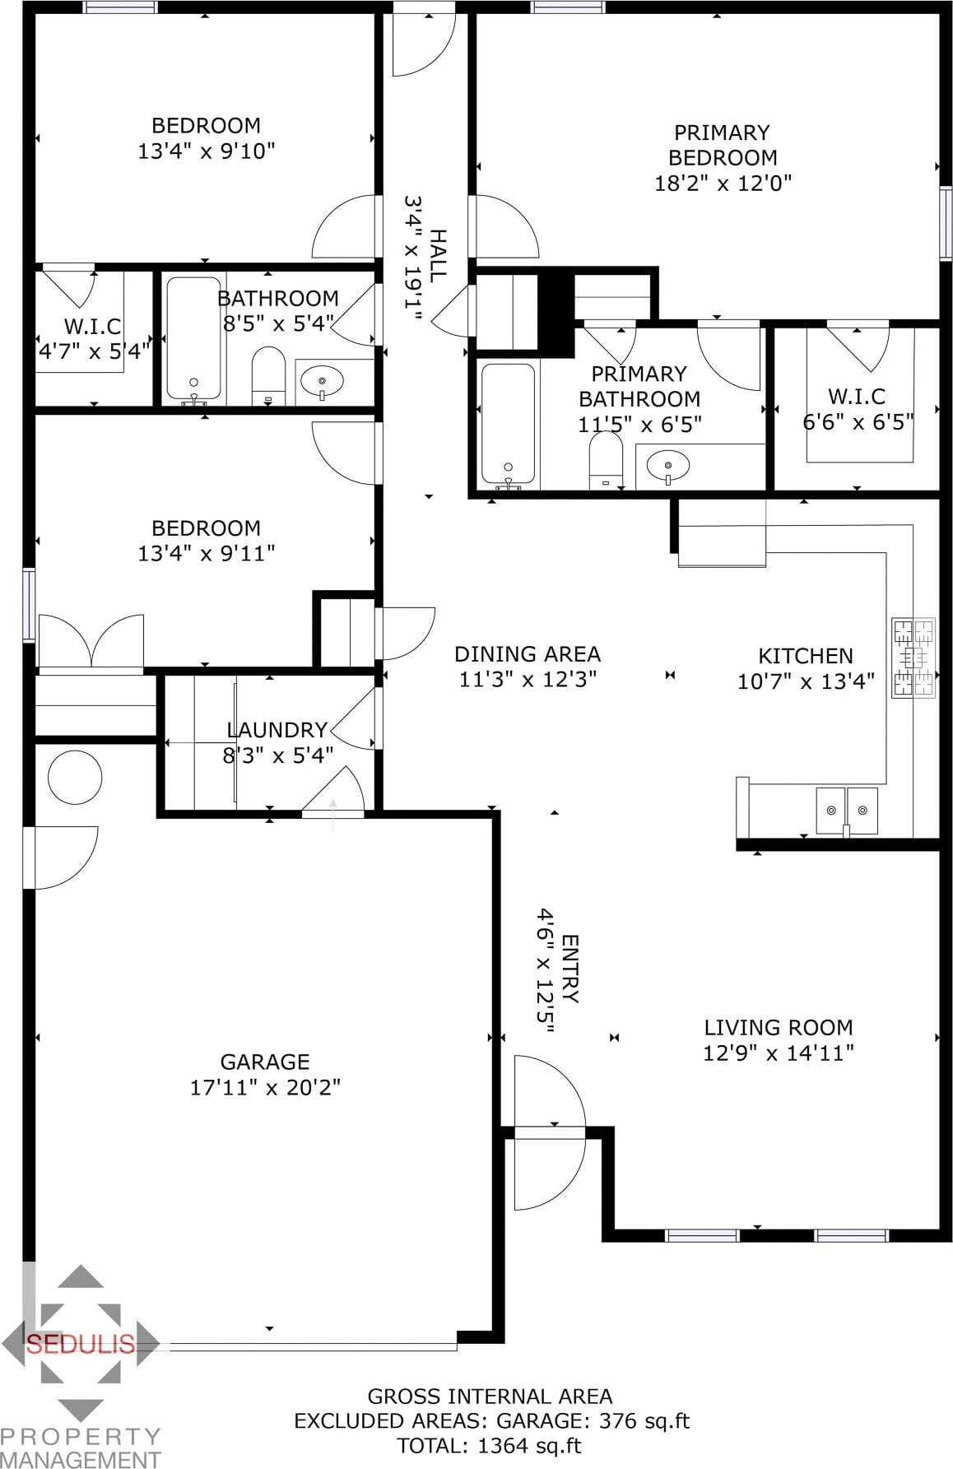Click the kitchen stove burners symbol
(x=913, y=658)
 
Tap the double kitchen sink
(x=847, y=811)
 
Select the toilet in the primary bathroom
(x=606, y=461)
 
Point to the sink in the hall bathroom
(x=322, y=382)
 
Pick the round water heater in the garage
(x=75, y=778)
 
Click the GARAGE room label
(x=265, y=1062)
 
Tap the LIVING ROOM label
(x=779, y=1027)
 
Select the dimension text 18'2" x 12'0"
(x=723, y=183)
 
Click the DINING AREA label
(x=528, y=654)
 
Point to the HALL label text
(x=437, y=256)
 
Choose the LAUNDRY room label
(x=277, y=730)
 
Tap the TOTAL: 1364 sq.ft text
(x=489, y=1445)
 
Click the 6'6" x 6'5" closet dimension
(x=858, y=422)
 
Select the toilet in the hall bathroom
(x=267, y=376)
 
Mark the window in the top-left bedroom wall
(x=120, y=7)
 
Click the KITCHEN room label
(x=806, y=656)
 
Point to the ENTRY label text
(x=570, y=969)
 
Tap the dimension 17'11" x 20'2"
(x=265, y=1087)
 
